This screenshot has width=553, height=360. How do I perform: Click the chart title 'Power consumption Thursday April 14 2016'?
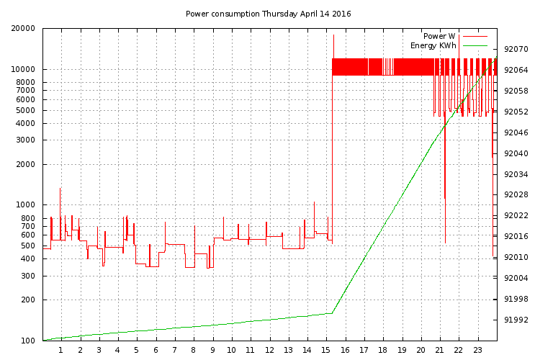click(x=269, y=14)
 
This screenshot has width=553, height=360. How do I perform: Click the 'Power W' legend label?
click(x=439, y=36)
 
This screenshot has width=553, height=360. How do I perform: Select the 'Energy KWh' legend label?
click(x=433, y=45)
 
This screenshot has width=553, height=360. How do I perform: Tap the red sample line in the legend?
click(x=475, y=36)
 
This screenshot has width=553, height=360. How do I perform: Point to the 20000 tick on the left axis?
click(x=24, y=29)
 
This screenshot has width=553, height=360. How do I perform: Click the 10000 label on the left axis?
click(x=24, y=70)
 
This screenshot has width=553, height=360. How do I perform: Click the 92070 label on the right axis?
click(x=516, y=50)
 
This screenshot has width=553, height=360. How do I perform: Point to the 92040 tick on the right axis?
click(x=516, y=154)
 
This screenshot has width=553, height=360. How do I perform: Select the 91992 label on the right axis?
click(x=516, y=320)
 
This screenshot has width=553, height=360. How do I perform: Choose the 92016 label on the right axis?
click(x=516, y=237)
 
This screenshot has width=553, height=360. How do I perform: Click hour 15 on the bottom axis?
click(x=326, y=351)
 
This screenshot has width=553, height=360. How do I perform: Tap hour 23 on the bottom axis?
click(x=477, y=351)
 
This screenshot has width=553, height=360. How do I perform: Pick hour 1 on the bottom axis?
click(x=60, y=351)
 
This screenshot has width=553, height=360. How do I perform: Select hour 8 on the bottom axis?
click(x=193, y=351)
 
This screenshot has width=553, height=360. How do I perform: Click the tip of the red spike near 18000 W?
click(x=333, y=35)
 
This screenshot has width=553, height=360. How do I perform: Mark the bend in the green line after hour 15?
click(x=332, y=312)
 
